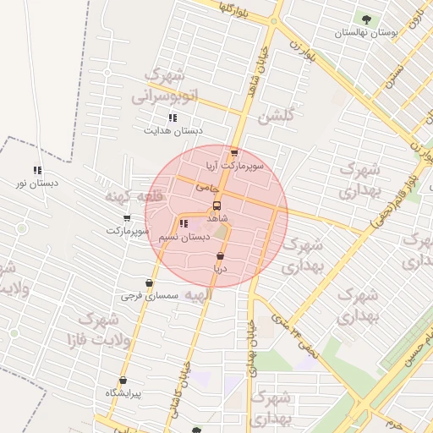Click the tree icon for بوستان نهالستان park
tap(365, 19)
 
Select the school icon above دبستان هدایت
tap(173, 118)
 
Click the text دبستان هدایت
tap(174, 132)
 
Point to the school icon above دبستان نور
tap(37, 170)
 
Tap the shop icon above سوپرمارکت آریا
tap(234, 153)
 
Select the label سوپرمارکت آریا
tap(235, 167)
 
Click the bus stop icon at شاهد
tap(217, 206)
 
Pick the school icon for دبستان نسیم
tap(184, 224)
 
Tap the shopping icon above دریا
tap(220, 255)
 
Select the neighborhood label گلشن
tap(277, 116)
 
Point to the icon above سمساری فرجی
tap(149, 283)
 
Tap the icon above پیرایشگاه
tap(123, 381)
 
